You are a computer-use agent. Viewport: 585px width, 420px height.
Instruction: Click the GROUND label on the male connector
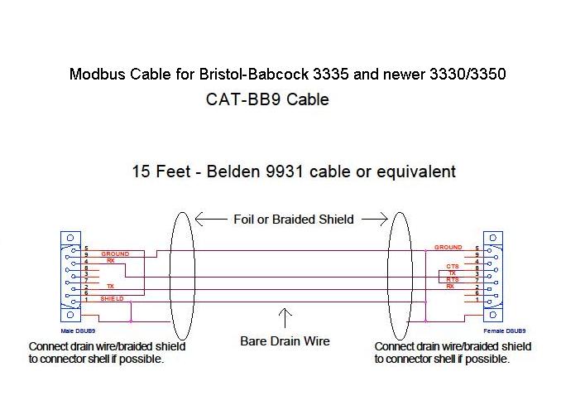115,254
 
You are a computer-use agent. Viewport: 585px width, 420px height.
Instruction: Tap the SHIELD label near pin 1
112,298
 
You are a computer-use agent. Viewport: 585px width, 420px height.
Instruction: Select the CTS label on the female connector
450,267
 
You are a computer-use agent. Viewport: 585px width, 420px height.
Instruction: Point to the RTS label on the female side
451,280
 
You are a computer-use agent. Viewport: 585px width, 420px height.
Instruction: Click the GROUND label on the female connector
448,248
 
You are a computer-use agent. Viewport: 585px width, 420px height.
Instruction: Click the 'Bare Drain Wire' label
285,340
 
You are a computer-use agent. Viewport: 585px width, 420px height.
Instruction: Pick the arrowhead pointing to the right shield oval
382,220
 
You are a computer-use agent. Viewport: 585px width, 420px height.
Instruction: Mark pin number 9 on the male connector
86,254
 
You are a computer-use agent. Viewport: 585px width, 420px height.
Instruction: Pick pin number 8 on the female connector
477,267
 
